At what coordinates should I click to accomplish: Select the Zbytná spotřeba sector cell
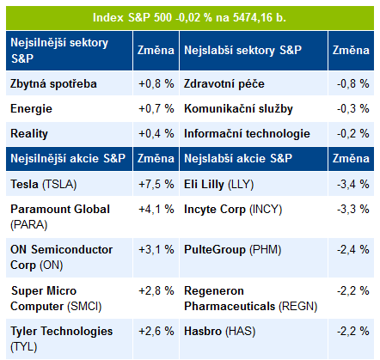[53, 84]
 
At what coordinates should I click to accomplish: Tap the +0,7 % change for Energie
[156, 109]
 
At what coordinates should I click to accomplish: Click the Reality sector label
[29, 134]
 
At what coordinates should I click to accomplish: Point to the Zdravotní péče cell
[224, 84]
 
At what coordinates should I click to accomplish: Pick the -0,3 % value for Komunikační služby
[353, 109]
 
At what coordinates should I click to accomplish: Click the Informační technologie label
[247, 134]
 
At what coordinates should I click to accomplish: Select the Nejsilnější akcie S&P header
[68, 158]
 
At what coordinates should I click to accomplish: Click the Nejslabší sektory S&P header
[242, 51]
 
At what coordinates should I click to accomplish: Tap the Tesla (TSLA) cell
[44, 184]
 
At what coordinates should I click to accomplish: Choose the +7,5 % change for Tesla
[156, 184]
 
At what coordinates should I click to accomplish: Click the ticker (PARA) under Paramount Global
[28, 225]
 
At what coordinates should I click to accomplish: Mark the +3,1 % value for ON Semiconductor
[156, 250]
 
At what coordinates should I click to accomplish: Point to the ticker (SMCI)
[84, 307]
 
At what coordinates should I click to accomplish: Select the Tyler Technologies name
[62, 332]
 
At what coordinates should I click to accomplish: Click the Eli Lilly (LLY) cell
[219, 184]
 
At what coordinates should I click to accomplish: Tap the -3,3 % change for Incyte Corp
[353, 210]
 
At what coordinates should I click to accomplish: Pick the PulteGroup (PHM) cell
[233, 250]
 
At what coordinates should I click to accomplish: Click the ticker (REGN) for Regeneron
[298, 307]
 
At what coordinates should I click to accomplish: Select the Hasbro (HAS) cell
[219, 332]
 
